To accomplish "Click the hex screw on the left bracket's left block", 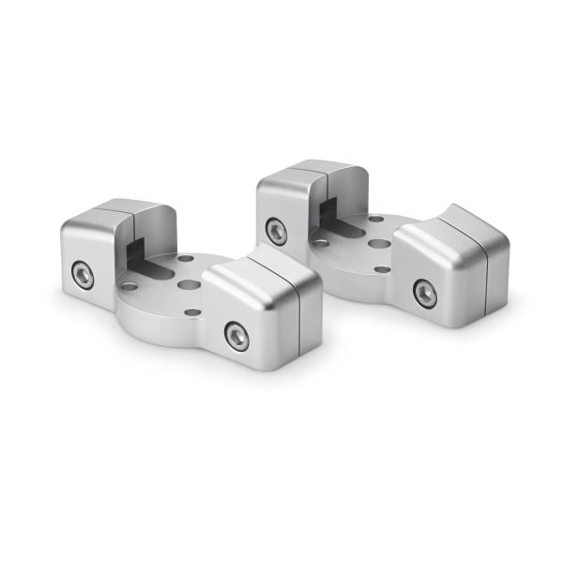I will click(83, 274).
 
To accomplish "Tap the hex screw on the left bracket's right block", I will click(236, 335).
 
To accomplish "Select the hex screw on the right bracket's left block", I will click(276, 230).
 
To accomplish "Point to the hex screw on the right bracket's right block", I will click(424, 293).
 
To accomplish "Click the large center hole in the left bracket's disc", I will click(189, 283).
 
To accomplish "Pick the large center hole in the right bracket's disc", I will click(379, 243).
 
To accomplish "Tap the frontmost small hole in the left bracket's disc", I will click(192, 312).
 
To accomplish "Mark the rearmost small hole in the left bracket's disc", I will click(186, 258).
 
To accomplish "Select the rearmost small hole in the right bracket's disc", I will click(375, 219).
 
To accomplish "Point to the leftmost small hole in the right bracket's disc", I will click(321, 243).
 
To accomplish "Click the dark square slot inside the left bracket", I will click(137, 253).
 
